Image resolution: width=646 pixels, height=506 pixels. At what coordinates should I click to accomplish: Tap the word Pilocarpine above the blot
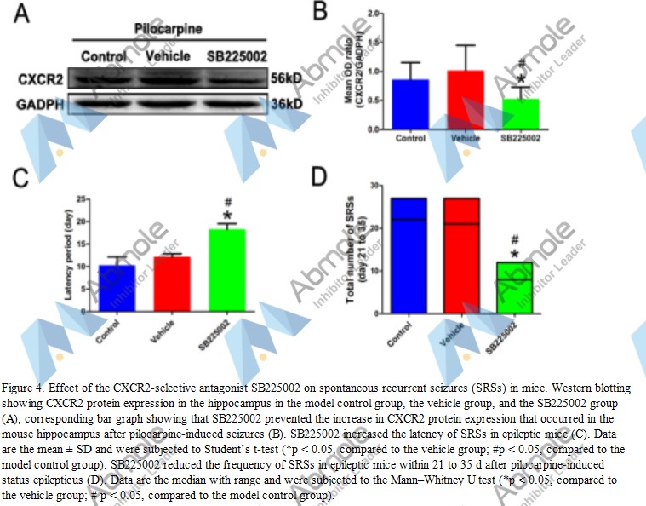(168, 28)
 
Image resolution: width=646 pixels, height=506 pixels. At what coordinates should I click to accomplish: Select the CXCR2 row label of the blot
(40, 79)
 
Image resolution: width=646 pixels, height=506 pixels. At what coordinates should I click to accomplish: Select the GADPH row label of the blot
(40, 105)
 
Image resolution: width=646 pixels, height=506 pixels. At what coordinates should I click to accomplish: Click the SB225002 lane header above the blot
(236, 56)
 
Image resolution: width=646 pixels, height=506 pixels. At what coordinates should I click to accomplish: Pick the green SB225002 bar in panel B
(519, 114)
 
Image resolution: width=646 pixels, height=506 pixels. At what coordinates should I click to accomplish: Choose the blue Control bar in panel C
(117, 288)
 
